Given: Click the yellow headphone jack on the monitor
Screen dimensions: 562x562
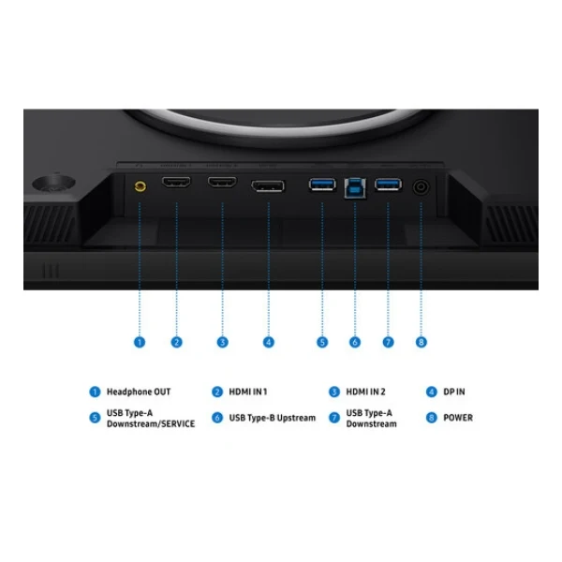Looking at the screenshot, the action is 140,186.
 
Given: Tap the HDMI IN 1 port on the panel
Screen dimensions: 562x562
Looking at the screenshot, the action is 176,182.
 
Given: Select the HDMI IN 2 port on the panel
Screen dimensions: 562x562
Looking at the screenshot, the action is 222,182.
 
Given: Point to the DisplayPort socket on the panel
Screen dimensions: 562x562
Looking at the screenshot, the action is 268,186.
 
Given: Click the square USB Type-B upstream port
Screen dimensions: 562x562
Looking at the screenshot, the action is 355,188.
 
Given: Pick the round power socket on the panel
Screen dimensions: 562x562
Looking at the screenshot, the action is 421,186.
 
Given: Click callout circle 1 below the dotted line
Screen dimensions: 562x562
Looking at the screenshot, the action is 140,342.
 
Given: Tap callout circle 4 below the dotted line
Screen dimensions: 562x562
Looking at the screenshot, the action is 269,342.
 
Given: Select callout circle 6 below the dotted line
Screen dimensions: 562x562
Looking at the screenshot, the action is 355,342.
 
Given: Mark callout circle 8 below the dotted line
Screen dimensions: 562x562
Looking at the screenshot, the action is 421,342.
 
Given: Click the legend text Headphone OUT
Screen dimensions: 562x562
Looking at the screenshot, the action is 139,392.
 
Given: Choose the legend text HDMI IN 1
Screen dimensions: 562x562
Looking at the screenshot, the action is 248,392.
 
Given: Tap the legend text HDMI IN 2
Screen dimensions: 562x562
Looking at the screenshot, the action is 365,392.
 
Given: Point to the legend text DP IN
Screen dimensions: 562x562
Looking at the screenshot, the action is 454,392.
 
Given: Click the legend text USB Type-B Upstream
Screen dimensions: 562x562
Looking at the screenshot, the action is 273,418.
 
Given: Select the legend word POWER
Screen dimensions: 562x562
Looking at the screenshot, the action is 458,418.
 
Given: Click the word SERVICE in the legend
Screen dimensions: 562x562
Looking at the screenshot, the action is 178,423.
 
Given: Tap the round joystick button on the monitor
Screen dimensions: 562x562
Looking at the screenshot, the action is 53,184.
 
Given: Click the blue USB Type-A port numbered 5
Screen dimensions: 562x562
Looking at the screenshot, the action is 322,185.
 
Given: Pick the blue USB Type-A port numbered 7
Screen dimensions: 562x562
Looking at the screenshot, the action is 388,185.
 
